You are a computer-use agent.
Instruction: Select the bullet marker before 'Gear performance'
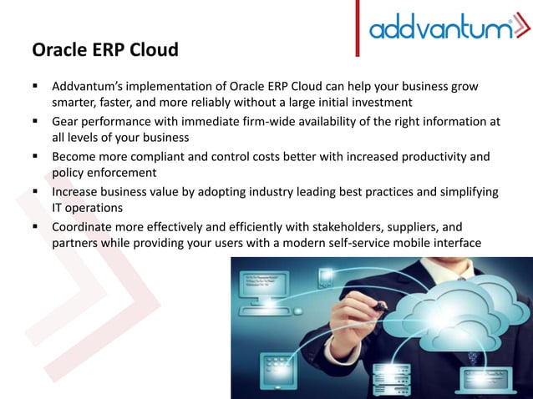tap(38, 121)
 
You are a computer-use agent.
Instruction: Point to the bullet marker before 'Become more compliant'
tap(38, 156)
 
